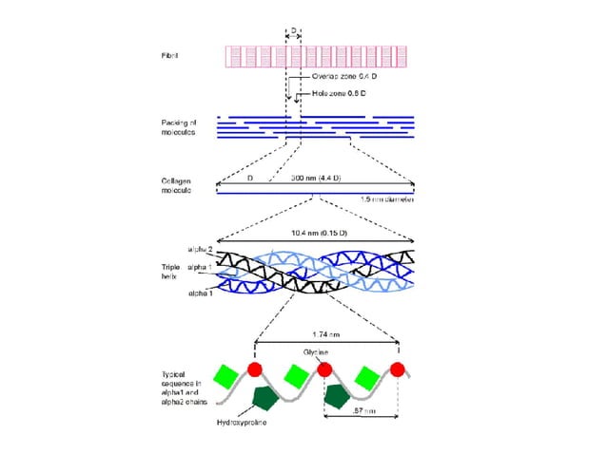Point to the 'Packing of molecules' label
(x=178, y=126)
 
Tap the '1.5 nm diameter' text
(x=389, y=199)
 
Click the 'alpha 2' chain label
(x=201, y=249)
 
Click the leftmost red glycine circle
(x=255, y=369)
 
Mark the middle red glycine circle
(x=323, y=369)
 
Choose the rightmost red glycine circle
(x=398, y=369)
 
